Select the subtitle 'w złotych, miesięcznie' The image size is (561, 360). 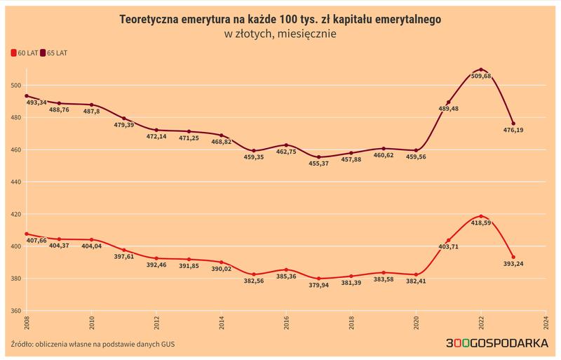tap(280, 33)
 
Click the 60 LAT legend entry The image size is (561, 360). tap(26, 53)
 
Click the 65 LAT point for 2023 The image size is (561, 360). tap(514, 124)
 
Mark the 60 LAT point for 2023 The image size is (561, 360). tap(514, 257)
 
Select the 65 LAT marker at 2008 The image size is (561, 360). tap(26, 95)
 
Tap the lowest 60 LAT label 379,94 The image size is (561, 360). tap(318, 285)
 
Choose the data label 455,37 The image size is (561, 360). tap(318, 164)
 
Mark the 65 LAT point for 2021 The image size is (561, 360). tap(449, 102)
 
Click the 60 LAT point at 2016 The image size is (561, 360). tap(286, 269)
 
